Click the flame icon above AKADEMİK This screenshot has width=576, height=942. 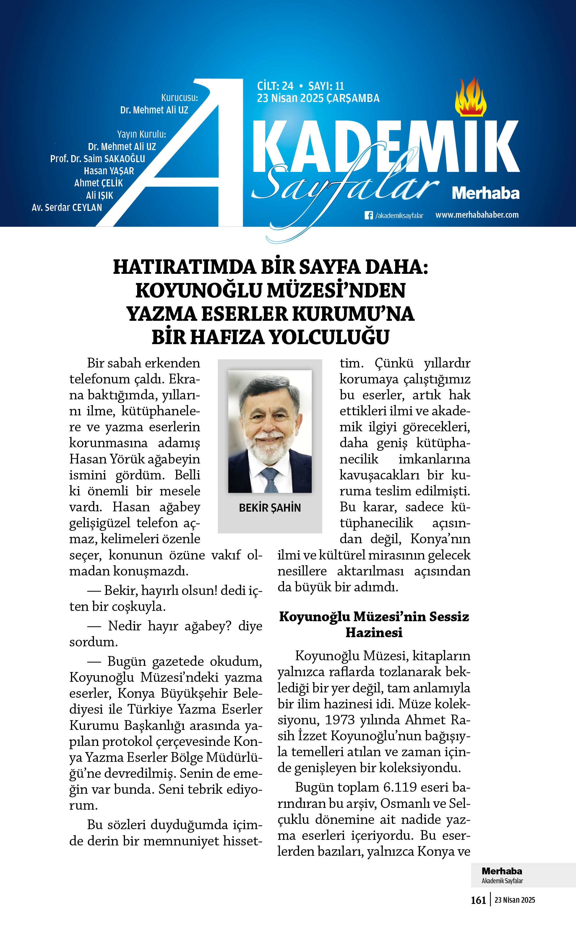point(470,97)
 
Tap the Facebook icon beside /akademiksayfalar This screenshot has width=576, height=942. point(368,215)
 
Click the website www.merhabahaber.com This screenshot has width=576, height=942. point(477,215)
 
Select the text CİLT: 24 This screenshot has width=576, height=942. point(275,86)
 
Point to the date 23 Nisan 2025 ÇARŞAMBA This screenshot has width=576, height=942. point(318,98)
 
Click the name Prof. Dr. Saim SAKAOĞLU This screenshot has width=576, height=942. point(98,159)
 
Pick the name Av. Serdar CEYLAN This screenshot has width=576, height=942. point(67,208)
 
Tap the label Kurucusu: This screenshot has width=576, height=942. point(179,97)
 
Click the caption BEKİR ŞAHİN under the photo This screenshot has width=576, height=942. point(270,508)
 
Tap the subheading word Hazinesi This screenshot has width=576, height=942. point(374,633)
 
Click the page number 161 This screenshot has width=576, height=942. point(478,900)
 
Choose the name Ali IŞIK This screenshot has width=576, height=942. point(99,195)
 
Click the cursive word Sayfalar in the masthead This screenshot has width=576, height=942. point(344,183)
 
